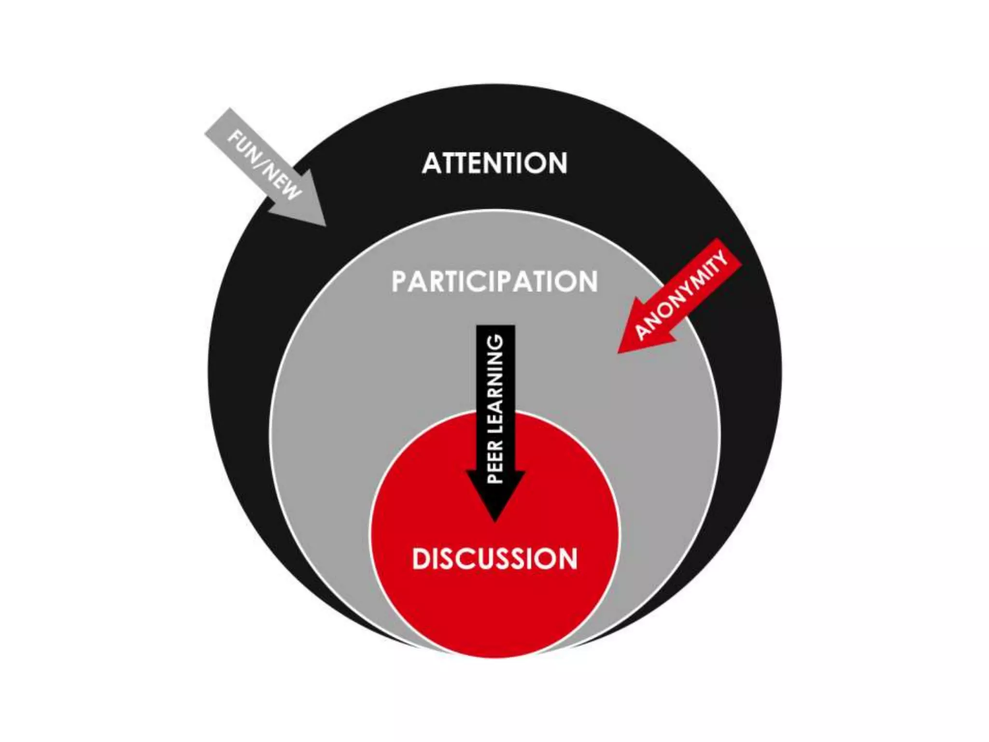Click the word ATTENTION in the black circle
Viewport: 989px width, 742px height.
[x=494, y=163]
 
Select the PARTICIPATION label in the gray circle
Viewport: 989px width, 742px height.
[x=494, y=282]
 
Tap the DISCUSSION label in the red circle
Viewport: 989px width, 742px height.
[x=494, y=558]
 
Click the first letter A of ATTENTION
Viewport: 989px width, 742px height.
[x=432, y=163]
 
